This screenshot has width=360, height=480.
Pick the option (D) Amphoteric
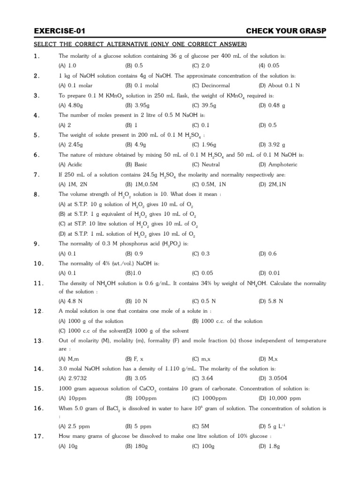point(277,165)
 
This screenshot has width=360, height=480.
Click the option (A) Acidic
point(69,165)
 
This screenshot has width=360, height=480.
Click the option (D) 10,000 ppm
point(279,398)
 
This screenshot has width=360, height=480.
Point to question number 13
point(38,340)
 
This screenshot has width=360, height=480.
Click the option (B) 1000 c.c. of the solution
point(227,321)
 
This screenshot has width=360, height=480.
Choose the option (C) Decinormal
point(209,85)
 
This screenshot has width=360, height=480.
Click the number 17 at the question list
point(38,436)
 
